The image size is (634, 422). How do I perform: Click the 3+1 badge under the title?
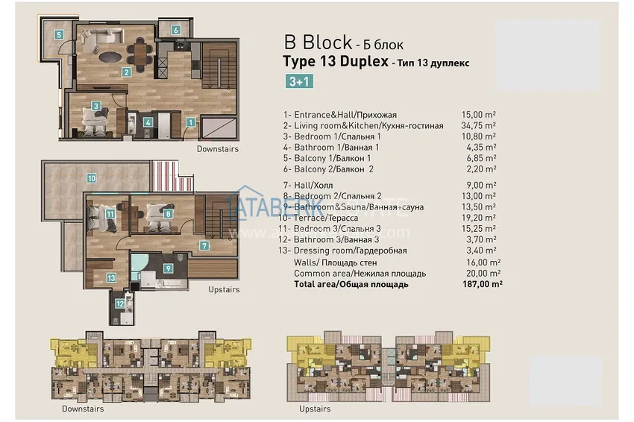(299, 82)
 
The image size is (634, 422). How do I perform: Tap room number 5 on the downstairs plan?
(57, 34)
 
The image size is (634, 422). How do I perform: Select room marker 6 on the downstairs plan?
(175, 31)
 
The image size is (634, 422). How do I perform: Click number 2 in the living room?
(127, 72)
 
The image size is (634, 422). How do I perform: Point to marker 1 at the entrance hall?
(191, 122)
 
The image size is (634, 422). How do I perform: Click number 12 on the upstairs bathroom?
(119, 303)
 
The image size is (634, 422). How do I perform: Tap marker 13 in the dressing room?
(111, 277)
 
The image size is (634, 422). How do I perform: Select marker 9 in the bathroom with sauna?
(168, 268)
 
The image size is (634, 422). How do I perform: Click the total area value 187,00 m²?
(481, 284)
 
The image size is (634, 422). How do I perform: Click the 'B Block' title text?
(318, 42)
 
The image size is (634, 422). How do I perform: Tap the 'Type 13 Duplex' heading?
(335, 62)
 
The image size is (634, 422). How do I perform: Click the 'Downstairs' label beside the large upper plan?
(218, 149)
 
